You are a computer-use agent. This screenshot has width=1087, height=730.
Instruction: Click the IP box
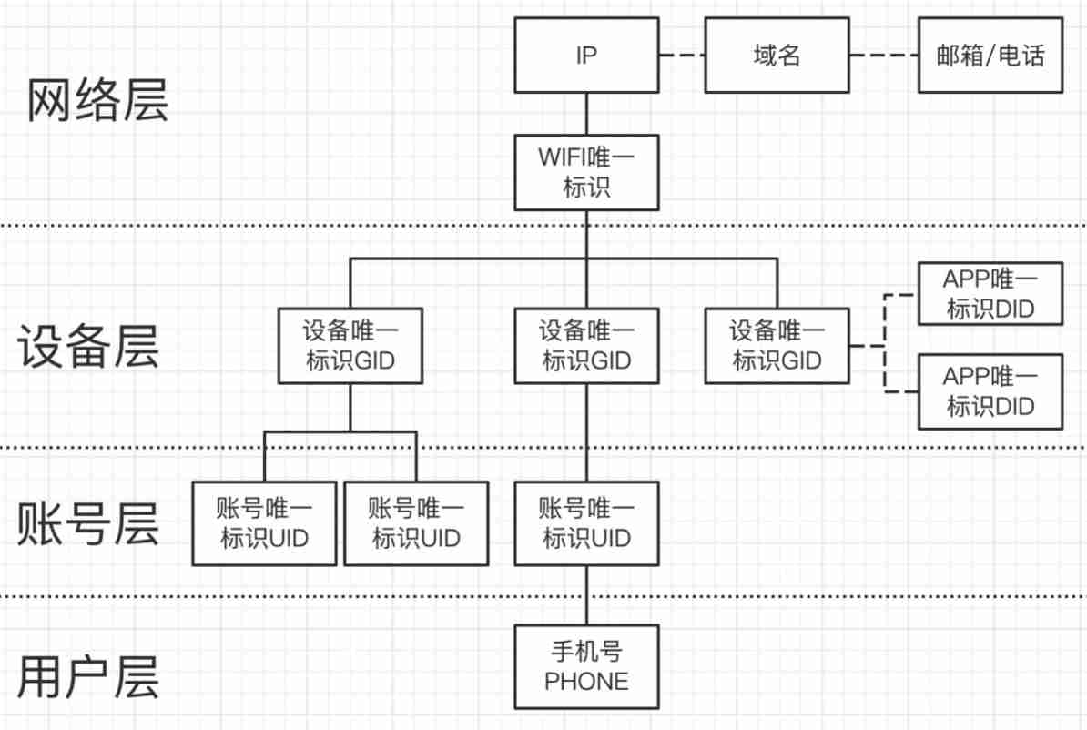point(586,56)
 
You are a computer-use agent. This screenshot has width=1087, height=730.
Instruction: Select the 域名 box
point(777,56)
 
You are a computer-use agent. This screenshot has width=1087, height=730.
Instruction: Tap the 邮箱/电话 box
point(990,56)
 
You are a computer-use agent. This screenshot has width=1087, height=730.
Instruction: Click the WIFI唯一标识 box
point(586,172)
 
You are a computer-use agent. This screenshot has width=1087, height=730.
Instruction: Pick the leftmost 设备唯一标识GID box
point(350,345)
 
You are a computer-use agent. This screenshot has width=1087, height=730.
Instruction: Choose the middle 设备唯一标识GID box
point(586,345)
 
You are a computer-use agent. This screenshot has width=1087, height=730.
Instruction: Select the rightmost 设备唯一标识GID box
point(777,345)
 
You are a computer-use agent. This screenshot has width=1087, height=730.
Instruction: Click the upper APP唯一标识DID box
point(990,294)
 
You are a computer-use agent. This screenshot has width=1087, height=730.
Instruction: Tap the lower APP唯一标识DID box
point(990,391)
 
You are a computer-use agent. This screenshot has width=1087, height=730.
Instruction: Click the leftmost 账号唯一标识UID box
point(264,522)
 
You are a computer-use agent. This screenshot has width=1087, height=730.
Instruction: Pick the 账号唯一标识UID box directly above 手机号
point(586,522)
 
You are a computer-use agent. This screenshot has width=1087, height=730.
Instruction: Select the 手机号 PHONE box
point(586,666)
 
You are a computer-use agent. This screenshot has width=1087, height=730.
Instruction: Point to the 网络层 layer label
point(97,100)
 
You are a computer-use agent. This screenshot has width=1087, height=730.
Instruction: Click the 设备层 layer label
point(88,347)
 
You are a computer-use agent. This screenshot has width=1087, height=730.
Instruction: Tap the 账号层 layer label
point(88,524)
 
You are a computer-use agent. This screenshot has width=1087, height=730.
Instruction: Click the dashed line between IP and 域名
point(681,56)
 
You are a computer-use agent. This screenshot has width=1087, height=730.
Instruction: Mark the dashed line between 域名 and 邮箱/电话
point(883,56)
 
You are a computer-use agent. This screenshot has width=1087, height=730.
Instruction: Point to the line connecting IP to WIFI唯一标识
point(586,114)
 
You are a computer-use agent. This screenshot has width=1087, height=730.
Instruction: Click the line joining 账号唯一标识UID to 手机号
point(586,594)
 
